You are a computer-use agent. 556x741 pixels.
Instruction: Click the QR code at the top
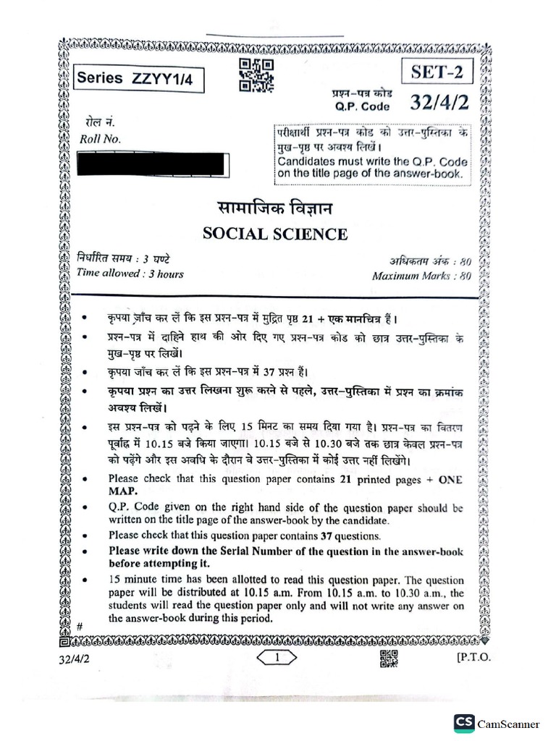(x=256, y=75)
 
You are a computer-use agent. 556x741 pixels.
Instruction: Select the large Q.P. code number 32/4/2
(x=439, y=103)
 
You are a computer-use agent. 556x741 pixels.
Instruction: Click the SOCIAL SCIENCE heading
(x=275, y=234)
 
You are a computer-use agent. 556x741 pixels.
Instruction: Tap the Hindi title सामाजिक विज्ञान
(x=274, y=209)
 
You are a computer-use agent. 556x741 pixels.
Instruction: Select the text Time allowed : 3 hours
(x=130, y=274)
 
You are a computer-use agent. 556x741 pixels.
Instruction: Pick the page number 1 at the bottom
(x=277, y=657)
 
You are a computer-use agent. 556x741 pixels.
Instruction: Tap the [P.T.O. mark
(x=474, y=657)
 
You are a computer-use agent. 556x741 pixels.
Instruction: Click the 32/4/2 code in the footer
(x=76, y=658)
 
